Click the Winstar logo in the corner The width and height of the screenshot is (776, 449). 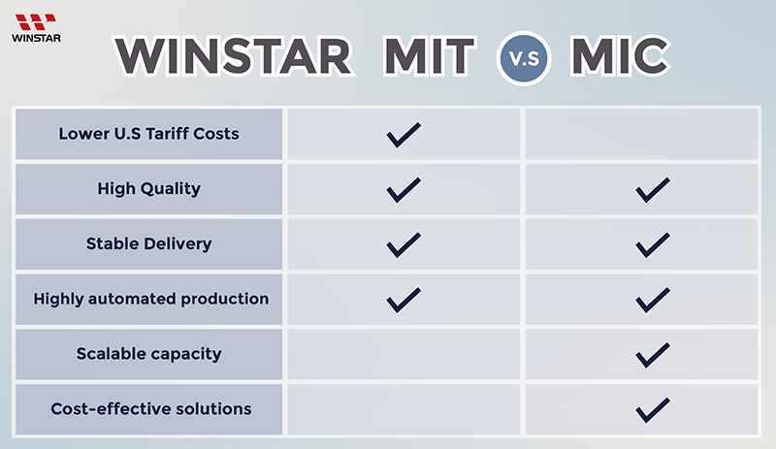pos(36,28)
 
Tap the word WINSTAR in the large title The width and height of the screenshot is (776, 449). pos(234,56)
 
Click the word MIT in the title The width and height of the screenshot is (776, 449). pos(430,56)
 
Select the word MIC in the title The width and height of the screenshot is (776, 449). pos(621,56)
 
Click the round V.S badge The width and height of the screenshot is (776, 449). pos(524,58)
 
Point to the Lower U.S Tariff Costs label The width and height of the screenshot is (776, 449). pos(148,134)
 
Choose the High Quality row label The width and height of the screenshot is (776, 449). pos(149,188)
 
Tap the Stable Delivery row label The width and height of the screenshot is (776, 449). pos(149,243)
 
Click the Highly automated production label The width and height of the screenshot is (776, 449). pos(151,299)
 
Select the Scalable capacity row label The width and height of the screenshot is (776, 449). pos(149,354)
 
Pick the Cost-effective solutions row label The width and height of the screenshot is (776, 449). pos(151,409)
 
